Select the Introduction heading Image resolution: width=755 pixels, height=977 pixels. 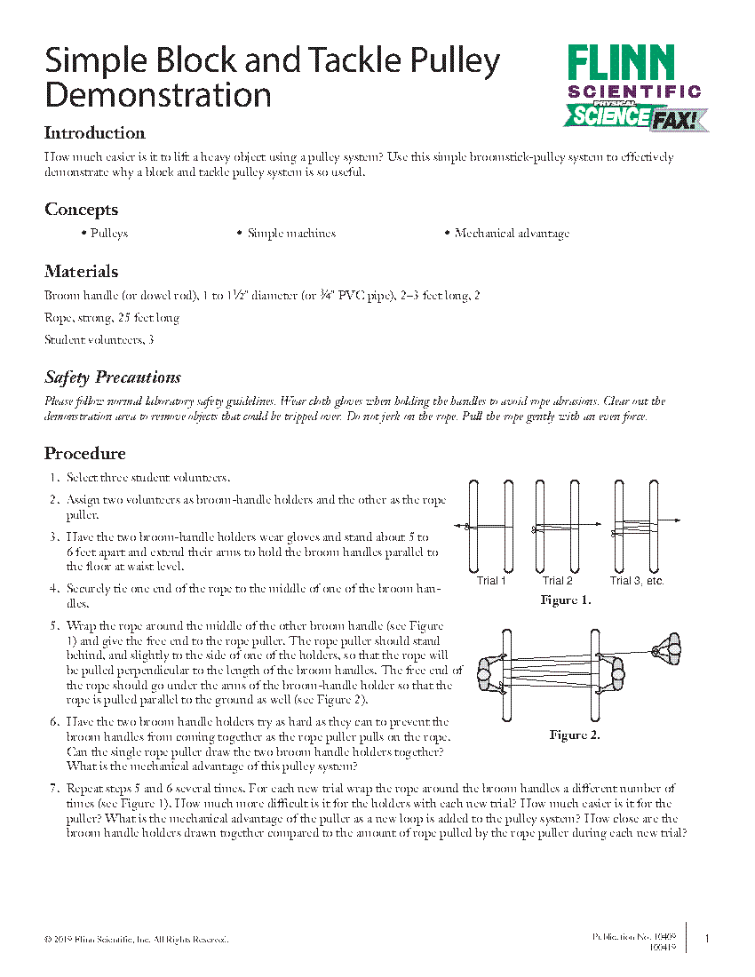[x=95, y=133]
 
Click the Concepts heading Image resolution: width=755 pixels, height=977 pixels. [x=81, y=210]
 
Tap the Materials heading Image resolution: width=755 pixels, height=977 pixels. [x=81, y=272]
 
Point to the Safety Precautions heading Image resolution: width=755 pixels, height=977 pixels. [x=113, y=377]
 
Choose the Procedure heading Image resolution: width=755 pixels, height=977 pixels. [x=85, y=454]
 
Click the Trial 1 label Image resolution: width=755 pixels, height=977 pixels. [x=491, y=581]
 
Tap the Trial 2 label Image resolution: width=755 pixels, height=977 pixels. [x=557, y=581]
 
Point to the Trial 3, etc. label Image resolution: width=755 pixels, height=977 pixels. [x=636, y=581]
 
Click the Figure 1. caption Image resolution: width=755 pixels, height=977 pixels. [x=566, y=600]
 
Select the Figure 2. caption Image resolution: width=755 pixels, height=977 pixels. [x=575, y=735]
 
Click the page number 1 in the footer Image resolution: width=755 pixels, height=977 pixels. [x=706, y=939]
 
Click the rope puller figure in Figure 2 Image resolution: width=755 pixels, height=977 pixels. [x=667, y=651]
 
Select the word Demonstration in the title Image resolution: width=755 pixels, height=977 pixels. [x=158, y=94]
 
